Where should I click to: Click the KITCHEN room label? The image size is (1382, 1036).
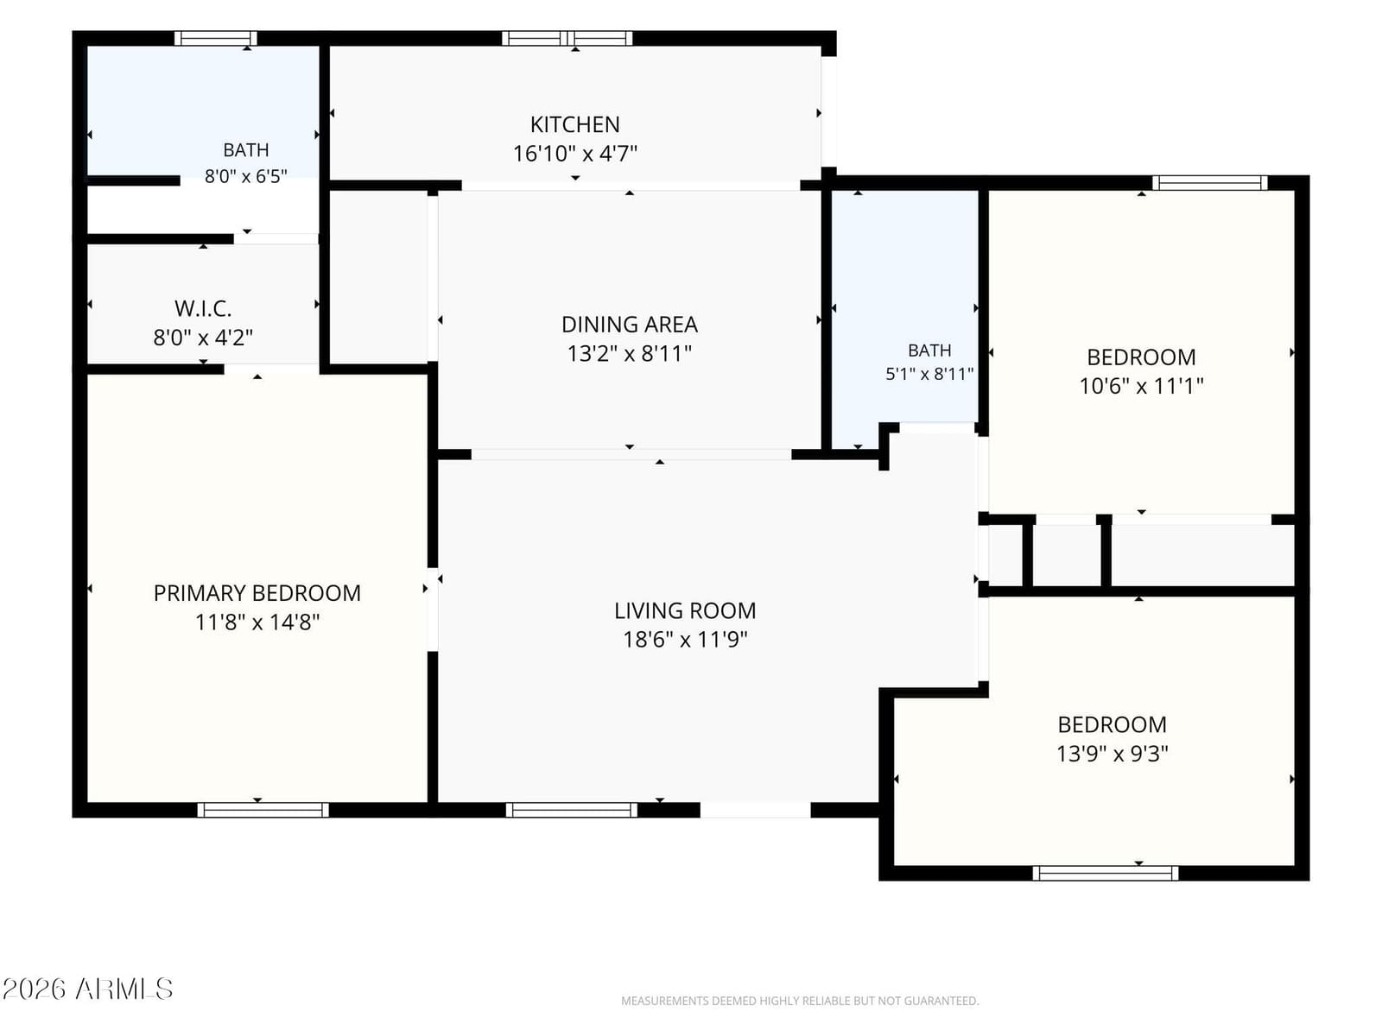(575, 124)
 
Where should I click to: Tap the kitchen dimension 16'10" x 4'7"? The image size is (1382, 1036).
(575, 154)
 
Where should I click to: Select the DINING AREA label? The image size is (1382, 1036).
(630, 325)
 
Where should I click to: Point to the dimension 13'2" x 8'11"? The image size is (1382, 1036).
(630, 353)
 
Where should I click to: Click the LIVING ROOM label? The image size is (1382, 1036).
(685, 610)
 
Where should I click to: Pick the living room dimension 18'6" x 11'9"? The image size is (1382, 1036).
(685, 640)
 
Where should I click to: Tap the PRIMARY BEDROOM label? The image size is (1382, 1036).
(257, 593)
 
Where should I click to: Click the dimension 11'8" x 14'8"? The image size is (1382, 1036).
(257, 622)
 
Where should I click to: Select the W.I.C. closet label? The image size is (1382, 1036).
(203, 309)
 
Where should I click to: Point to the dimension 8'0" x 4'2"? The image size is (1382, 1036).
(203, 338)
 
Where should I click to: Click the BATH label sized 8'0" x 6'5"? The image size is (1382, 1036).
(246, 150)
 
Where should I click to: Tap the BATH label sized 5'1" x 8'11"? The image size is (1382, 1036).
(930, 351)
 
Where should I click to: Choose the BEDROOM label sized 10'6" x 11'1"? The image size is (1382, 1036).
(1142, 357)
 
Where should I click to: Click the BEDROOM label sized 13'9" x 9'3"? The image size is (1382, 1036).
(1113, 724)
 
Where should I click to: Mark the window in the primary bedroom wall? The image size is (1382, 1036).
(263, 810)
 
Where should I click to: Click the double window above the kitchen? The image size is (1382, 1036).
(567, 38)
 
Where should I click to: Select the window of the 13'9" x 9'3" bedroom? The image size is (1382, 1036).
(1105, 873)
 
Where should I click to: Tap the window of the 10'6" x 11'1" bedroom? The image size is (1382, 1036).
(1210, 183)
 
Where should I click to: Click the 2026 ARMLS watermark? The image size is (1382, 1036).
(87, 989)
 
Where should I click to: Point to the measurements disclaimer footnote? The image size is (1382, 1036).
(800, 1001)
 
